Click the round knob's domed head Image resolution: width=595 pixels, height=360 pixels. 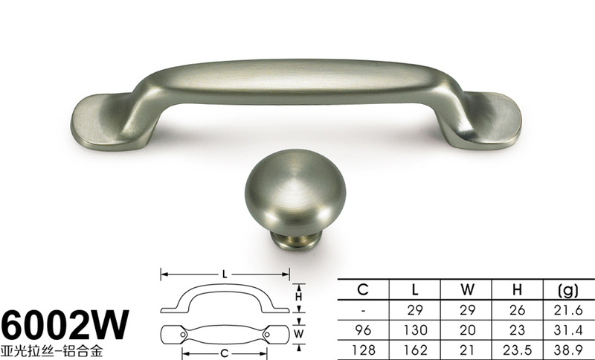295,192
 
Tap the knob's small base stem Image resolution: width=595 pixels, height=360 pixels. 295,241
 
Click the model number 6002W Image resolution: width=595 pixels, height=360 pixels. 65,325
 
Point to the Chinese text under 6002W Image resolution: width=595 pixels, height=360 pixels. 52,350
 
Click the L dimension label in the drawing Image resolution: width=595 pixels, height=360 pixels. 225,274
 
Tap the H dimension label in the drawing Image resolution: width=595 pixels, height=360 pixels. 299,296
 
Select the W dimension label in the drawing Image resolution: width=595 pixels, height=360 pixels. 299,334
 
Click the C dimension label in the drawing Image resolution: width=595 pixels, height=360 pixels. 225,353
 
